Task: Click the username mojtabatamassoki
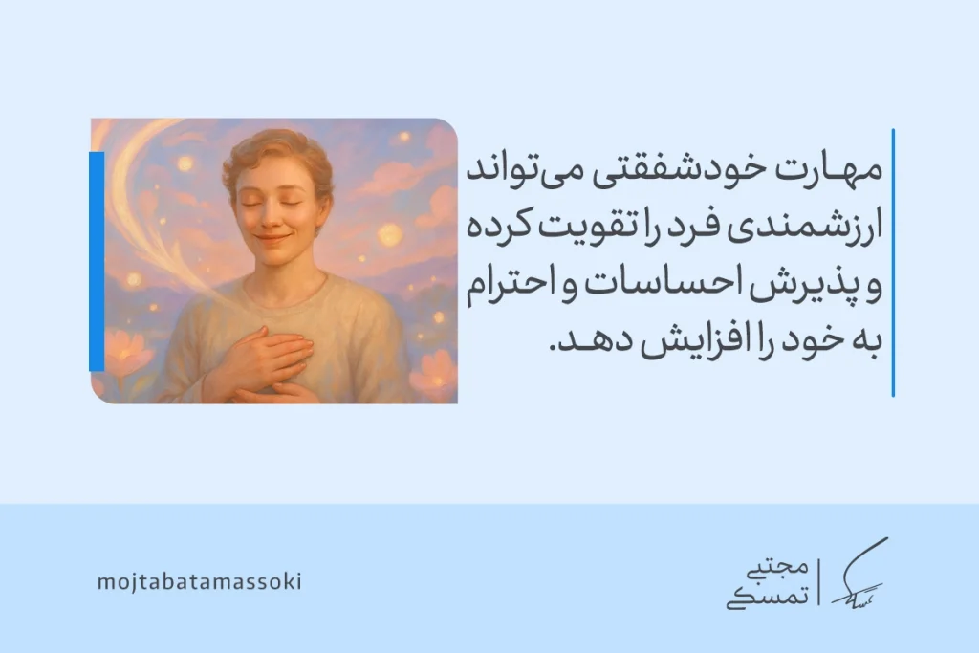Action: click(x=199, y=581)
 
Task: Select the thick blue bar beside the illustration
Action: click(x=97, y=261)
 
